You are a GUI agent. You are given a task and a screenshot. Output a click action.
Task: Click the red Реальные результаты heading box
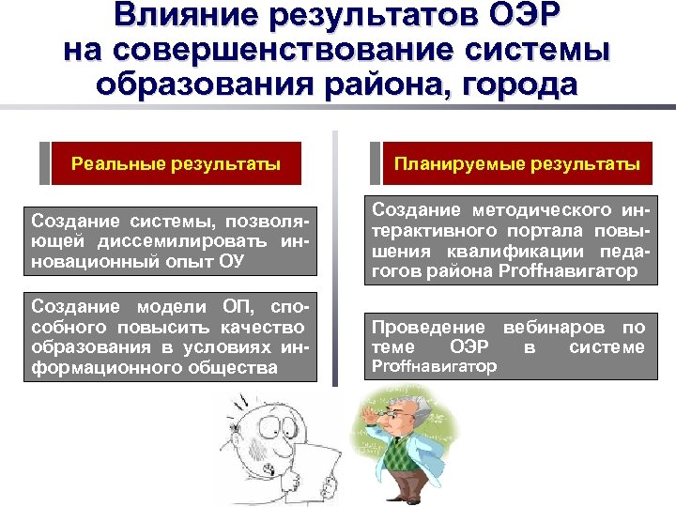[x=177, y=164]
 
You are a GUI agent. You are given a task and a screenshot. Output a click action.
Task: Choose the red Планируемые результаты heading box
[x=517, y=164]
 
